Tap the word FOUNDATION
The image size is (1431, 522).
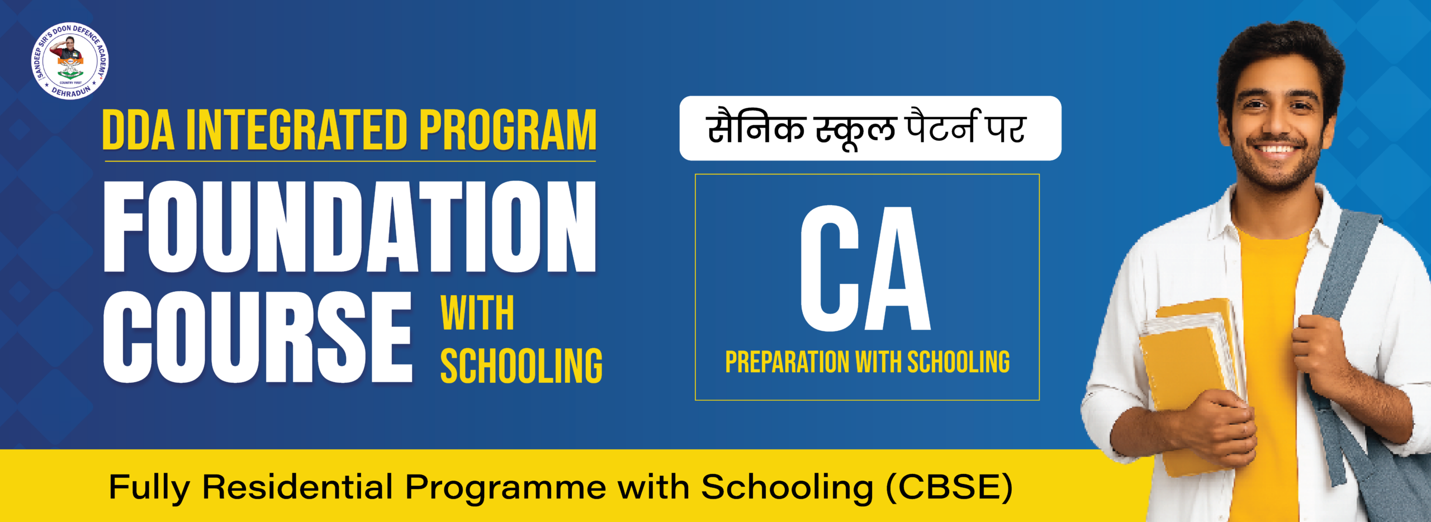tap(350, 226)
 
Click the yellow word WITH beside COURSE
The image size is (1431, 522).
tap(477, 314)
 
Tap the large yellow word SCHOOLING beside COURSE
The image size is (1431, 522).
tap(521, 366)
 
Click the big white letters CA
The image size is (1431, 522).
tap(865, 268)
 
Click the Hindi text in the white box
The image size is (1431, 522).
tap(866, 129)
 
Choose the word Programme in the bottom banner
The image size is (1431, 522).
tap(505, 487)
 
